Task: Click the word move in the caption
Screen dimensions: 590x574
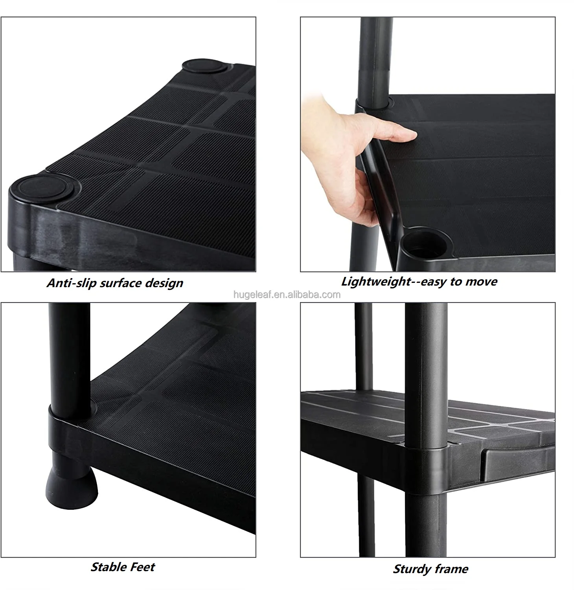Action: tap(481, 282)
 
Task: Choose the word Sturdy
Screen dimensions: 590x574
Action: tap(411, 569)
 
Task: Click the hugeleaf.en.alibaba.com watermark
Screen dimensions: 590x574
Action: tap(287, 295)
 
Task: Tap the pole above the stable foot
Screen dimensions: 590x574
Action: tap(69, 354)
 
